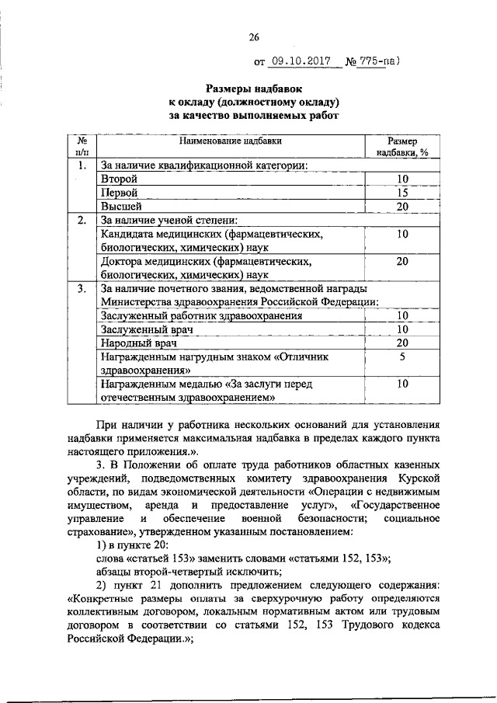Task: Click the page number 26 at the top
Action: point(253,37)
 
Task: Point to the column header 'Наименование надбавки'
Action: point(231,141)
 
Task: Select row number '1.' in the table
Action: point(82,165)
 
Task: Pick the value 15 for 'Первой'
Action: point(402,193)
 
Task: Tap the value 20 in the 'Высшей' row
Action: point(402,207)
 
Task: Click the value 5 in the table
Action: point(402,357)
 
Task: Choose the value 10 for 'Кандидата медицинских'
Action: point(402,234)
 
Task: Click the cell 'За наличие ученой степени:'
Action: point(164,221)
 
